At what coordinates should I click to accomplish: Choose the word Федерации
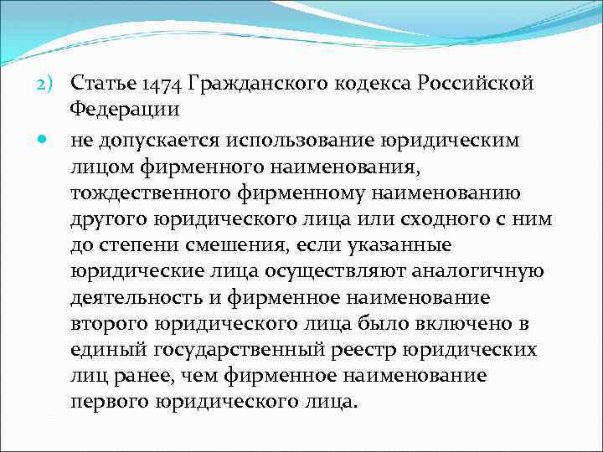(x=125, y=110)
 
